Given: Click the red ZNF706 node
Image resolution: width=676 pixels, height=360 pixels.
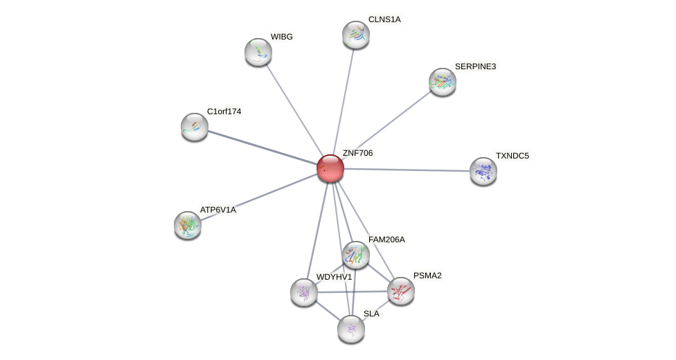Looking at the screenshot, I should tap(330, 168).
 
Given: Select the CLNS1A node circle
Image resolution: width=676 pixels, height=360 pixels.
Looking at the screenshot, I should tap(356, 35).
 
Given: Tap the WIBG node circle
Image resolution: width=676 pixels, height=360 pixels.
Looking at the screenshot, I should tap(258, 52).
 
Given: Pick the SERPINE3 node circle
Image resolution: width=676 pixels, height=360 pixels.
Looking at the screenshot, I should tap(443, 82).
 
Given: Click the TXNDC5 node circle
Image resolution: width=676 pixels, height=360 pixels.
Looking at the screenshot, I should tap(483, 171).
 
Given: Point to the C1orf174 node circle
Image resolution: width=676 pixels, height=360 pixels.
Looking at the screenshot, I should tap(195, 127).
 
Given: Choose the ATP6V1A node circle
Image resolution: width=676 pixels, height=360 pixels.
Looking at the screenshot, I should tap(188, 225).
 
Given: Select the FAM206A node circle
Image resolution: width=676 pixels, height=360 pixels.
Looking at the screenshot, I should tap(356, 255).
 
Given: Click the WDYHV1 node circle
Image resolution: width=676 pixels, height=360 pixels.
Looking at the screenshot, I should tap(304, 292).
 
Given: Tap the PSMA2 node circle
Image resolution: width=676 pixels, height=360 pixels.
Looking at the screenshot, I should tap(401, 291).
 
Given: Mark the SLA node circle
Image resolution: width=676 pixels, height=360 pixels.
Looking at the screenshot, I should tap(351, 329).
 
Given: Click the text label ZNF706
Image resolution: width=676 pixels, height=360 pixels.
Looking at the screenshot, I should tap(357, 153).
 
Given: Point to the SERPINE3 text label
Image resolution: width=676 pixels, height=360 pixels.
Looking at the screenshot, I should tap(475, 66).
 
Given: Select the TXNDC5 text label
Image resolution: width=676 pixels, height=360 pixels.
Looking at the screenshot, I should tap(512, 156).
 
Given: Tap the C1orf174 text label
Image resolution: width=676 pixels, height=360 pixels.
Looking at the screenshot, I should tap(224, 111).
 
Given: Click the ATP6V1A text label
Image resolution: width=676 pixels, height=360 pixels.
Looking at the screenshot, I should tap(217, 210).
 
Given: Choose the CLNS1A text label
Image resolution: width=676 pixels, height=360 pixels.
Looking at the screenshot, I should tap(384, 19).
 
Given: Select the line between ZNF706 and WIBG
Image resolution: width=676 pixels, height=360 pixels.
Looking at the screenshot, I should tap(294, 110).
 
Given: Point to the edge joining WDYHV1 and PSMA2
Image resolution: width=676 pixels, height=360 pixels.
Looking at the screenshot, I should tap(353, 291).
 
